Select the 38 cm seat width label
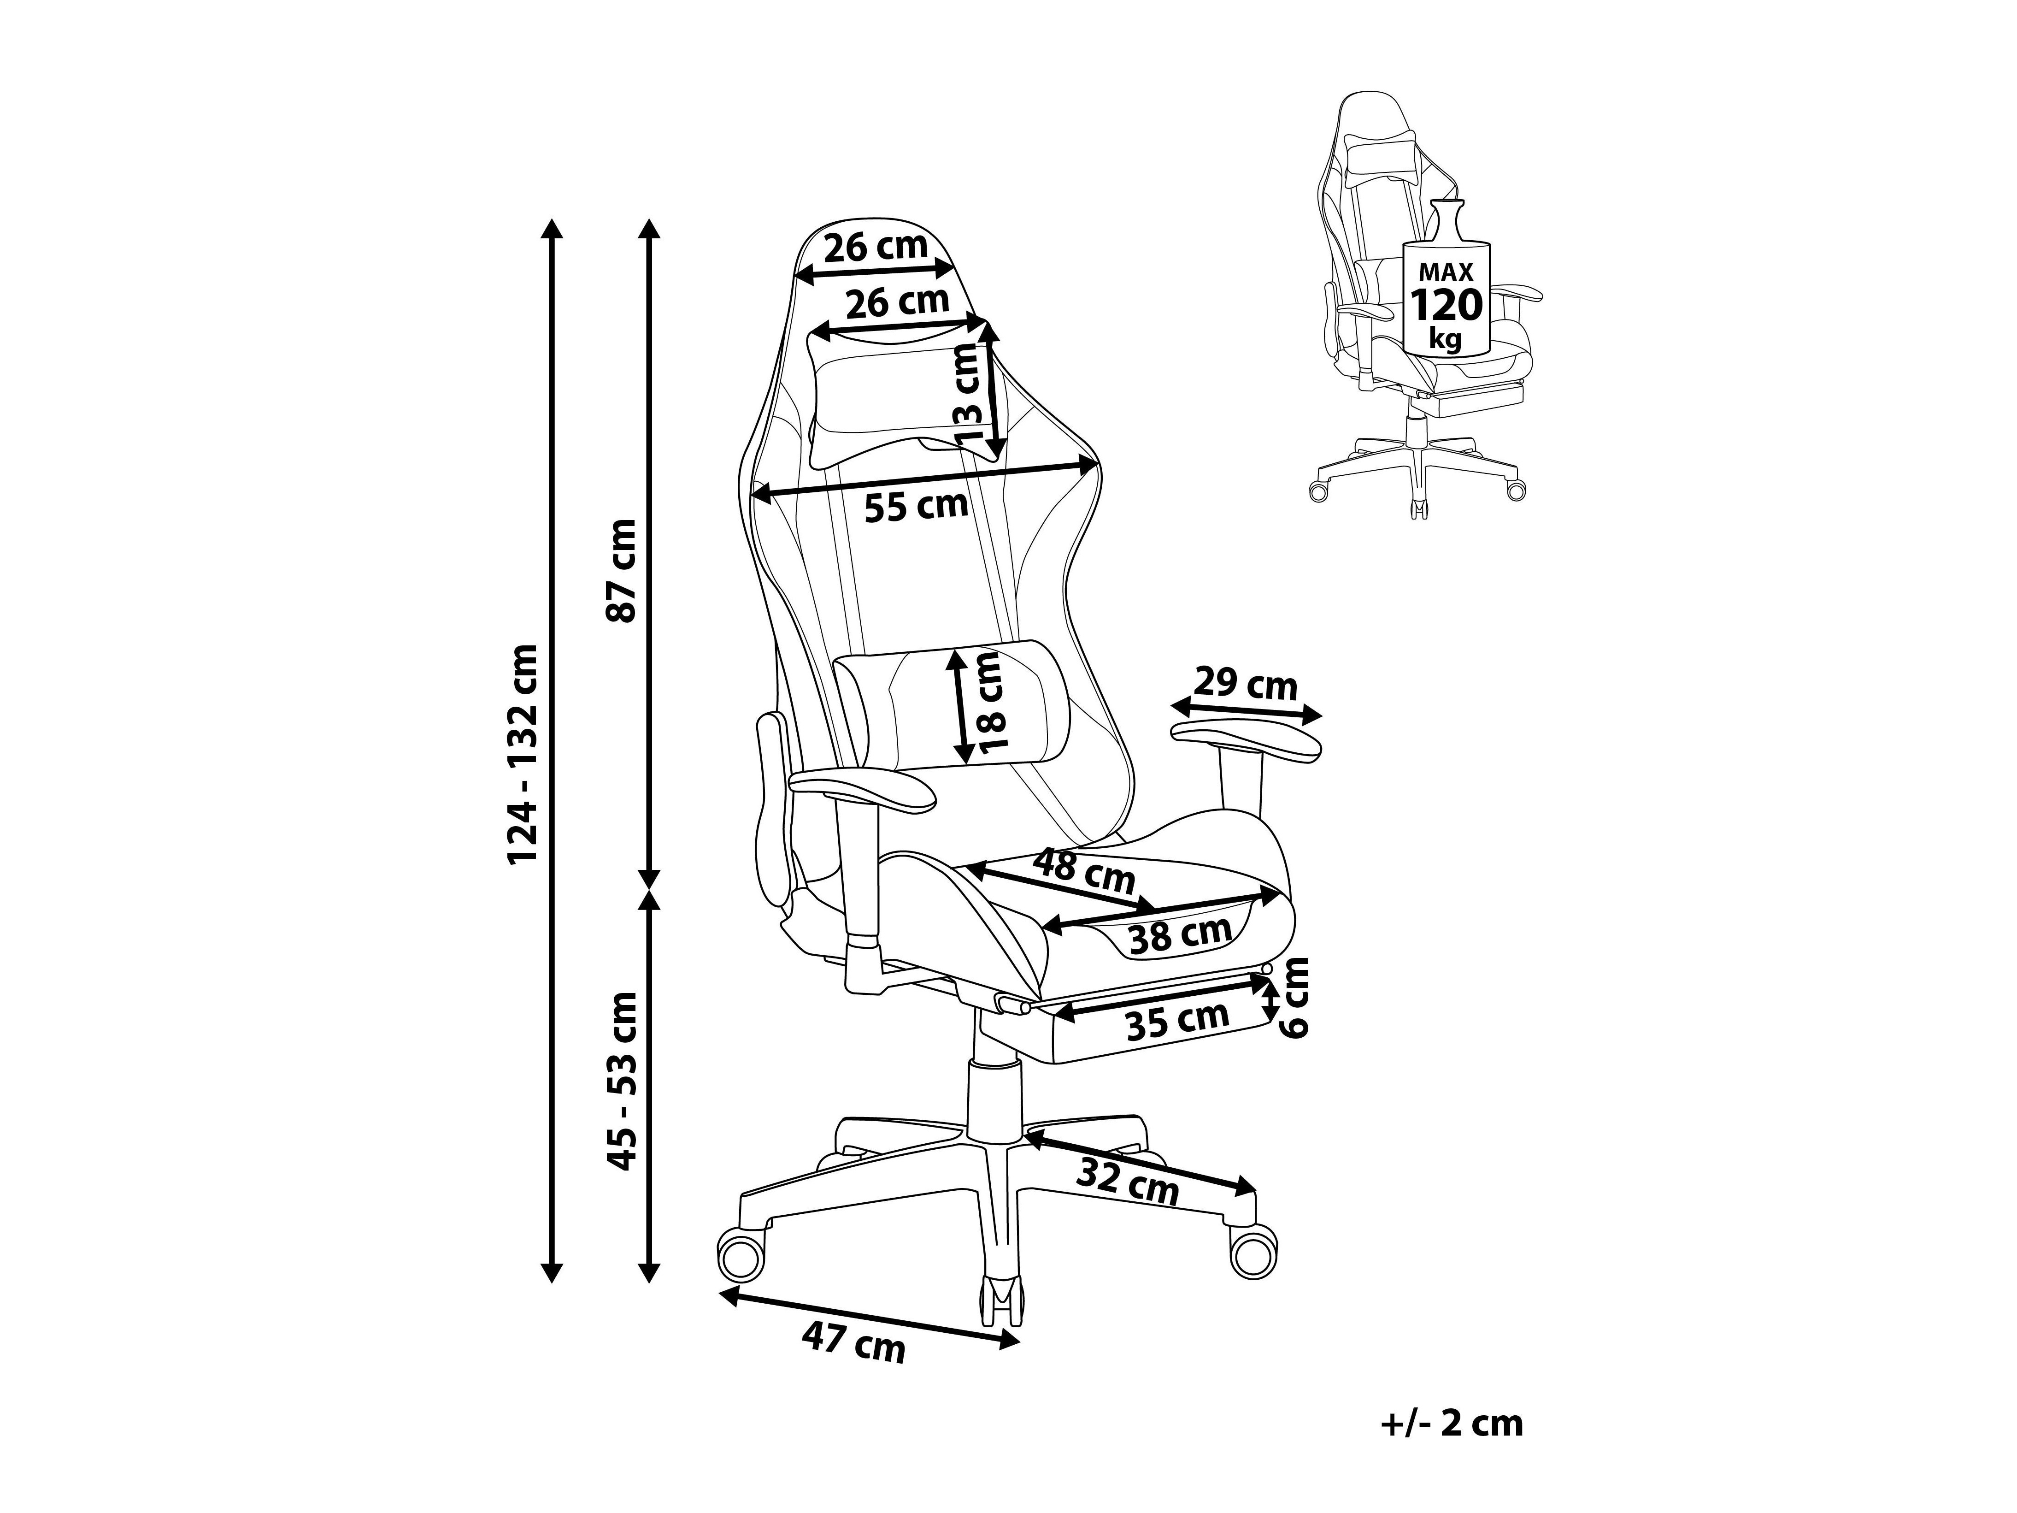pyautogui.click(x=1180, y=935)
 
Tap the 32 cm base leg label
pyautogui.click(x=1128, y=1183)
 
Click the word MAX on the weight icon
pyautogui.click(x=1446, y=272)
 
